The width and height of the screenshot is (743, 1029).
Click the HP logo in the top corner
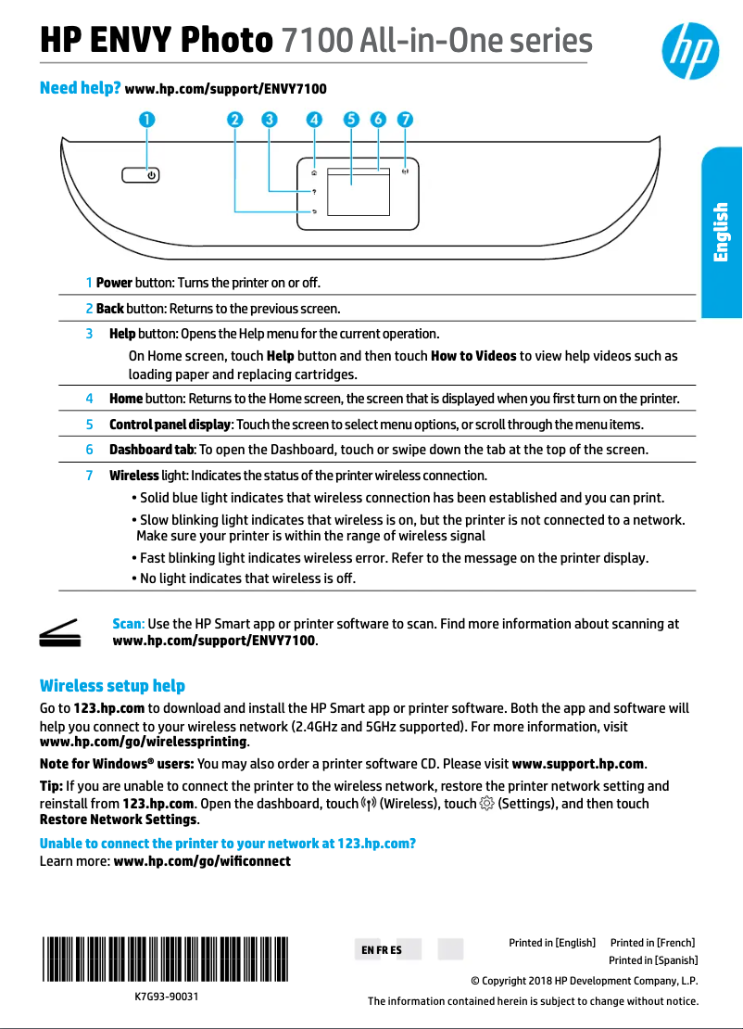(x=689, y=52)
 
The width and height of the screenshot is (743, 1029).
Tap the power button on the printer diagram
(x=140, y=174)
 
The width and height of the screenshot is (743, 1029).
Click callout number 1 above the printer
(x=147, y=120)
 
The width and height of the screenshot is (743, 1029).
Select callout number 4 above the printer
(x=315, y=120)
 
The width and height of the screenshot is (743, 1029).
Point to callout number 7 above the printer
(x=405, y=120)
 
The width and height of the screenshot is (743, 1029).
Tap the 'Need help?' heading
(x=81, y=89)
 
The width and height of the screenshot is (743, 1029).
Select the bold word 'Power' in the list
(x=114, y=282)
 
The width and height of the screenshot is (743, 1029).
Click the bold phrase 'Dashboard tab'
(x=152, y=450)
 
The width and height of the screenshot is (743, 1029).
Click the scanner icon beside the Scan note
(x=61, y=632)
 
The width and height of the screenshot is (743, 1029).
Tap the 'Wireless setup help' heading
(x=112, y=686)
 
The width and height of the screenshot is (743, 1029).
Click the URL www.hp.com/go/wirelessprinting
(x=144, y=743)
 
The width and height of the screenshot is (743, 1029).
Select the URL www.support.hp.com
(x=577, y=765)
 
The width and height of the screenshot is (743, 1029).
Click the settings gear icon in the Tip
(x=486, y=804)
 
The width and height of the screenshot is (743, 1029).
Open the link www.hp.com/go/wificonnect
(x=201, y=861)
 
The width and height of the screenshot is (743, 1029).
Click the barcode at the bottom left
(x=164, y=958)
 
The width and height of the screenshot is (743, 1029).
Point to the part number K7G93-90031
(x=166, y=997)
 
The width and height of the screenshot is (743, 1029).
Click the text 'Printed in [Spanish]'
(x=652, y=960)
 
